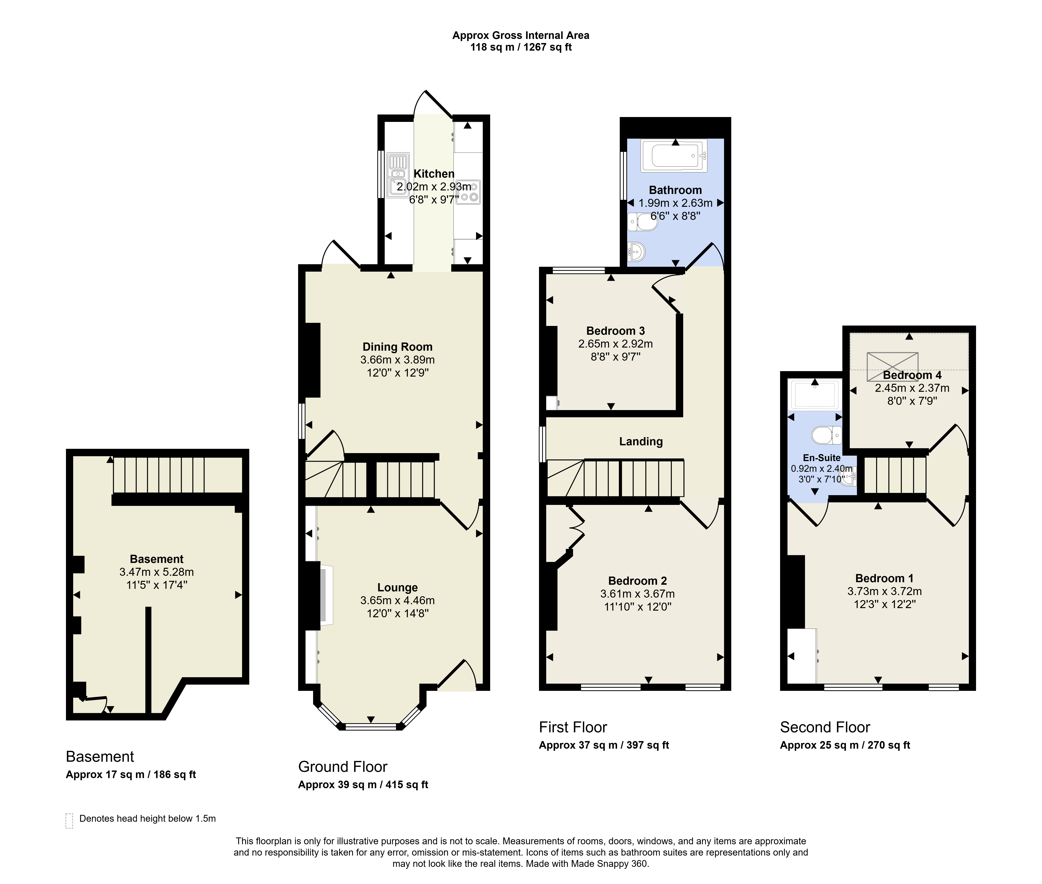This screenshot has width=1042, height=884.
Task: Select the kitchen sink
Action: click(x=398, y=175)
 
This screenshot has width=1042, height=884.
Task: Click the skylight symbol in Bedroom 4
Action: click(x=892, y=367)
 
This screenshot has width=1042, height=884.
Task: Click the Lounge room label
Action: click(x=398, y=587)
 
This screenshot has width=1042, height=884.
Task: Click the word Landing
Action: click(x=641, y=441)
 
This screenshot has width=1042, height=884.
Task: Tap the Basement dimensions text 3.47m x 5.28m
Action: click(x=157, y=572)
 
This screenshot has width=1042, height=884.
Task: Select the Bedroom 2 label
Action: click(x=637, y=581)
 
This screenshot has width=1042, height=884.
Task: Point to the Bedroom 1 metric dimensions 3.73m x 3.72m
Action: click(x=884, y=591)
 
